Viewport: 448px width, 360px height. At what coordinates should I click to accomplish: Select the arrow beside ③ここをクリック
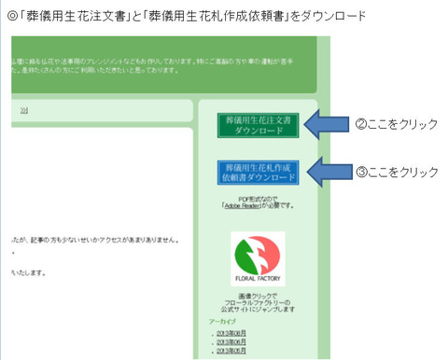(329, 172)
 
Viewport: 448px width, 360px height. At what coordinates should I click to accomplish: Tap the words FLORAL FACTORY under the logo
(258, 278)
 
